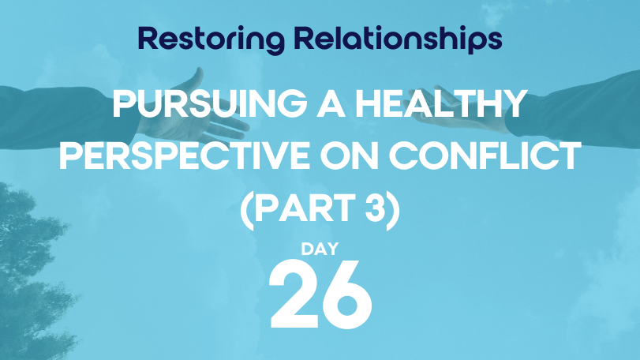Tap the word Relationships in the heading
point(398,40)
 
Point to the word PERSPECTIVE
point(185,156)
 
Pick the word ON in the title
point(350,156)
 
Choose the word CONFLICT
point(485,156)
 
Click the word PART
point(305,208)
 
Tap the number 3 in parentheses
point(375,208)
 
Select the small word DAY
point(320,249)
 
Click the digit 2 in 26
point(294,294)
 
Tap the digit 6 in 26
point(346,294)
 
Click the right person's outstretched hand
point(461,114)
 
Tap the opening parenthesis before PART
point(247,210)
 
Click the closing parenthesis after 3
point(393,210)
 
